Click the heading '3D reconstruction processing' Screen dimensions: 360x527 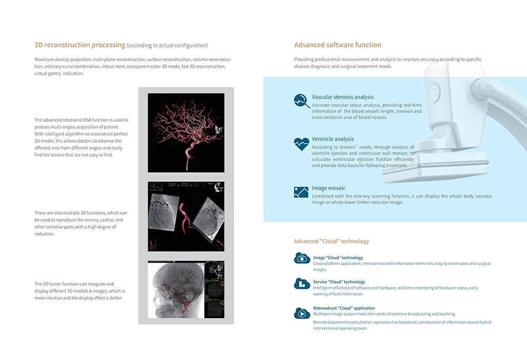(x=80, y=45)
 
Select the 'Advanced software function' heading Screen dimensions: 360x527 (x=337, y=45)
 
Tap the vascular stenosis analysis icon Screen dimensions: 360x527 (x=301, y=101)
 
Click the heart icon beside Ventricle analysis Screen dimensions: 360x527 (x=301, y=143)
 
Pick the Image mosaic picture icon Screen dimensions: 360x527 (x=301, y=192)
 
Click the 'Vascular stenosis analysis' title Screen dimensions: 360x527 (x=343, y=97)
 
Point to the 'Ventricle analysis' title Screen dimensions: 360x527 (x=333, y=139)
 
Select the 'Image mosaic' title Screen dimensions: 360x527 (x=328, y=188)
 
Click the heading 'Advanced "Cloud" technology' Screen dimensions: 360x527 (x=331, y=241)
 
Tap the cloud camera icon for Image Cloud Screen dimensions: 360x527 (x=302, y=258)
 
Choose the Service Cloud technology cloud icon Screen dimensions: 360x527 (x=302, y=284)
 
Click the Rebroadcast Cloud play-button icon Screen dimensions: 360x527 (x=302, y=313)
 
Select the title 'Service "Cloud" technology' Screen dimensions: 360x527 (x=339, y=282)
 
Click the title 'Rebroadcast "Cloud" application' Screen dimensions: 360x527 (x=344, y=308)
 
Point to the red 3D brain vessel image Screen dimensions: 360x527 (x=186, y=133)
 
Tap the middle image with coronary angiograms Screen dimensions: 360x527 (x=186, y=216)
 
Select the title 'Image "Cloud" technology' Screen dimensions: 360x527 (x=338, y=258)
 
